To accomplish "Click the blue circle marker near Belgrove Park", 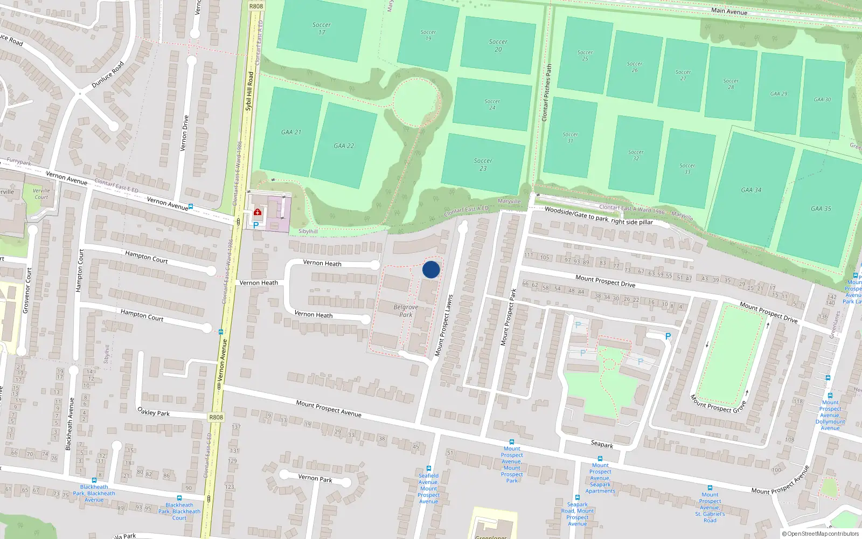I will [431, 269].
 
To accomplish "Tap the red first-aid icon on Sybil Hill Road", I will [258, 212].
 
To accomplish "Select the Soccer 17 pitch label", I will [322, 29].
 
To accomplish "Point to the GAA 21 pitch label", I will [291, 132].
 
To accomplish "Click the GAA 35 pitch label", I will [821, 209].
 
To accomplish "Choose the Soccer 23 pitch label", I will [483, 164].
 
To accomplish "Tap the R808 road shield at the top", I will [256, 6].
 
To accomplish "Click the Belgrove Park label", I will [406, 311].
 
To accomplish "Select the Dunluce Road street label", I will [108, 75].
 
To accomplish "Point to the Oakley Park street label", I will [154, 412].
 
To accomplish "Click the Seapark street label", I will [602, 444].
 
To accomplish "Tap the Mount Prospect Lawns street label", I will [444, 326].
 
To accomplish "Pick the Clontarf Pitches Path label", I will [547, 92].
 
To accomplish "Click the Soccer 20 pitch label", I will [498, 45].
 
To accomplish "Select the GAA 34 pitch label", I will [751, 190].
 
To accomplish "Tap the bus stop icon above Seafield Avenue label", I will [429, 469].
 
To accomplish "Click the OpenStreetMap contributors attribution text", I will [820, 534].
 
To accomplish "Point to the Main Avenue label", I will [729, 11].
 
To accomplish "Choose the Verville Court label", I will [41, 194].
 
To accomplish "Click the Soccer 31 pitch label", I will [570, 137].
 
